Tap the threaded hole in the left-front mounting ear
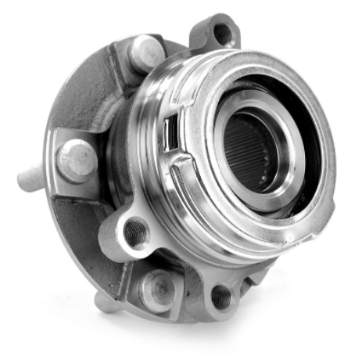click(x=135, y=231)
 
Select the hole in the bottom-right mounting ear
click(x=221, y=296)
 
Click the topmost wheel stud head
click(x=146, y=53)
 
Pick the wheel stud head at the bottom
click(x=159, y=287)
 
